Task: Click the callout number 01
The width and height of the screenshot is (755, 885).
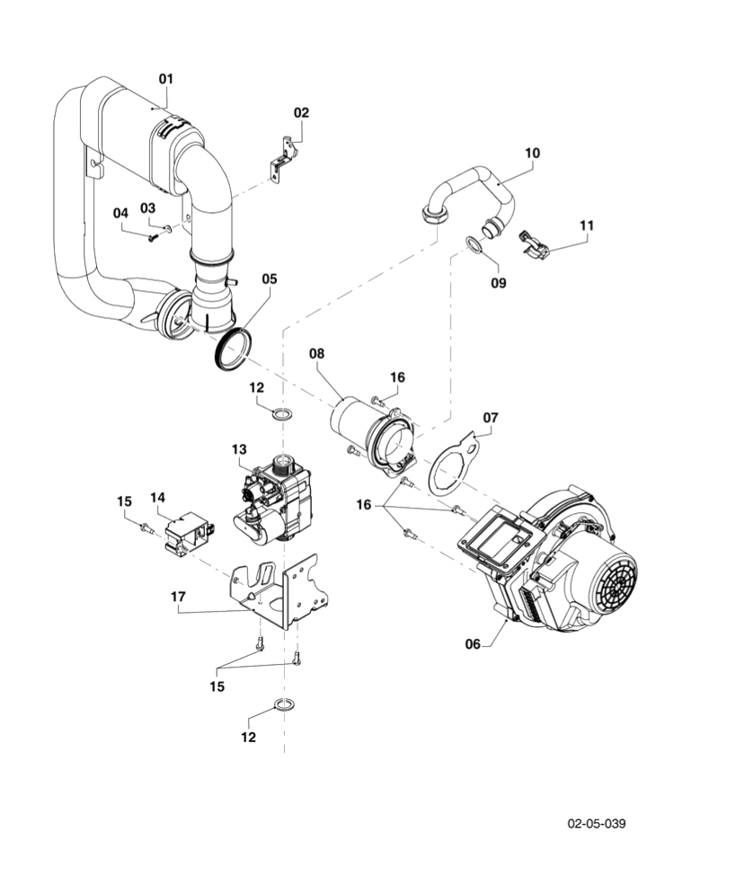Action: point(165,79)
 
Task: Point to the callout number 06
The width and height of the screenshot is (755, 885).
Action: point(473,643)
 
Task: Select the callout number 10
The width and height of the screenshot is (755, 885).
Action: point(532,153)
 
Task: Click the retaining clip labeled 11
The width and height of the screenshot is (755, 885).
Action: point(536,243)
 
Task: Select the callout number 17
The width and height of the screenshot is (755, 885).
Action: point(178,596)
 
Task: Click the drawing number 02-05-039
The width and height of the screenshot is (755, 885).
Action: point(596,823)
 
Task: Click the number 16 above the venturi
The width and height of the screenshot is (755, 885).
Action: point(397,376)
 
